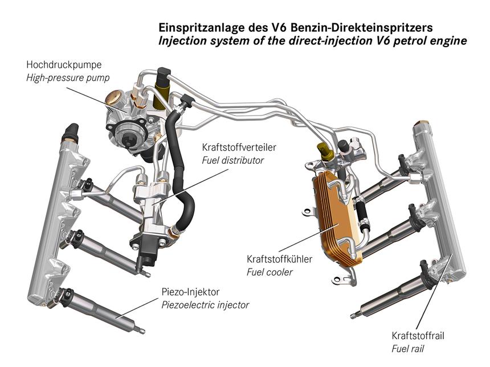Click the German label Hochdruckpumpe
pos(64,65)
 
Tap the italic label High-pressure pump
pos(68,78)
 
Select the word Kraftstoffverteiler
pos(239,147)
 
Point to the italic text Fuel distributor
pos(233,160)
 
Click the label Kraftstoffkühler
pos(279,259)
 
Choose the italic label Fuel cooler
pos(269,272)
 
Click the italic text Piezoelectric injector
pos(205,305)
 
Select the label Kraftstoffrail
pos(418,336)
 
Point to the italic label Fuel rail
pos(408,349)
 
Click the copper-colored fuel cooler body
pos(336,218)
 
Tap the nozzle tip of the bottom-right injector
pos(353,316)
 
